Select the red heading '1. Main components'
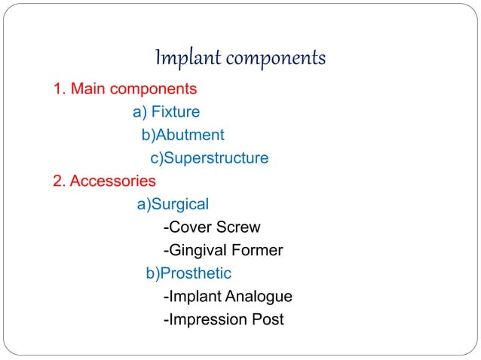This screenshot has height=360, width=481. click(x=125, y=90)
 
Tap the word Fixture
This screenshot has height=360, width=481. click(x=176, y=113)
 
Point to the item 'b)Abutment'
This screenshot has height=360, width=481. click(x=183, y=136)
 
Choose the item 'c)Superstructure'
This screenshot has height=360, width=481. click(x=210, y=158)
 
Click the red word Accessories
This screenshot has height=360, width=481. click(x=113, y=182)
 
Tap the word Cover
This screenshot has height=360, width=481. click(x=189, y=227)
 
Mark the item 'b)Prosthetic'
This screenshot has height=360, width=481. click(x=188, y=273)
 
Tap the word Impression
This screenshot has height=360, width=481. click(x=204, y=319)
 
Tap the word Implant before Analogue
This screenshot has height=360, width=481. click(x=195, y=297)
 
